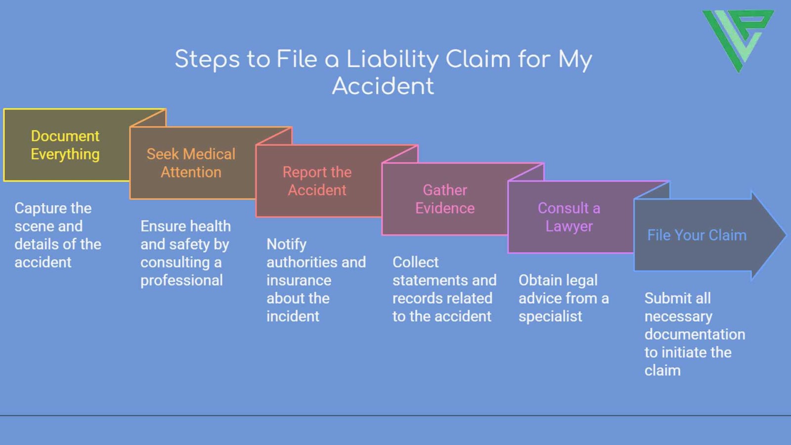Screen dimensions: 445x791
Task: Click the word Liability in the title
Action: [392, 59]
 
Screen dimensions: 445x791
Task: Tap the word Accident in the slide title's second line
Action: [383, 86]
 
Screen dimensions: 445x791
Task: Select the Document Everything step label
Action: [65, 145]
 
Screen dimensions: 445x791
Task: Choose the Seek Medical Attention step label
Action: [191, 163]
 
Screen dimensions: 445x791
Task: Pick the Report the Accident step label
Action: [317, 181]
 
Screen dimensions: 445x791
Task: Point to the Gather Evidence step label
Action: [444, 199]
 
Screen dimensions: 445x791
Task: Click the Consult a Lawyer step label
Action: [569, 217]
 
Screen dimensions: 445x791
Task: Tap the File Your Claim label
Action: [697, 235]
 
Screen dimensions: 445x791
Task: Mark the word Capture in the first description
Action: [34, 208]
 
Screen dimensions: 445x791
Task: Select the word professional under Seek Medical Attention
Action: [181, 280]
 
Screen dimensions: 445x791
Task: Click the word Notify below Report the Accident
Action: [286, 244]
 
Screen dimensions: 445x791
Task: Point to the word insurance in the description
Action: [299, 280]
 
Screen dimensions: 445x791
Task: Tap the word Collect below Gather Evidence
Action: [415, 262]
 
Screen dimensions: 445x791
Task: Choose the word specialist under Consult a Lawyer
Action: [550, 316]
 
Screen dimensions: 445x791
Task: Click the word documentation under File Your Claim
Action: [695, 334]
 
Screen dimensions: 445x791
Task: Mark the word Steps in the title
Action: [207, 59]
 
